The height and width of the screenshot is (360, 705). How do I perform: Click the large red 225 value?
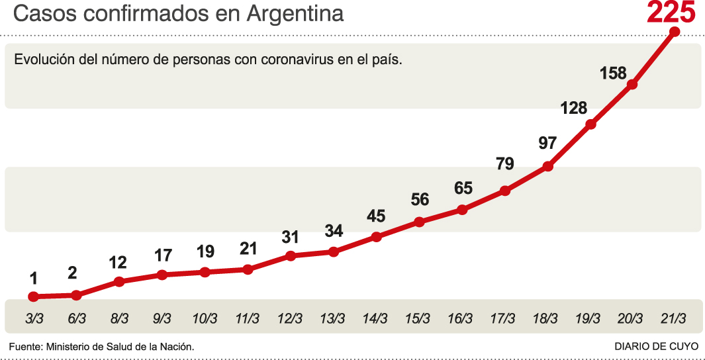[x=671, y=13]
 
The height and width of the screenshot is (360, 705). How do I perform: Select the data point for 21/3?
[x=675, y=32]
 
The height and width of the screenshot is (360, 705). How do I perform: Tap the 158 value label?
[x=613, y=73]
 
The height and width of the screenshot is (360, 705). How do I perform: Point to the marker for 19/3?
[x=591, y=124]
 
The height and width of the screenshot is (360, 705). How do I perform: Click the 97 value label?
[x=547, y=143]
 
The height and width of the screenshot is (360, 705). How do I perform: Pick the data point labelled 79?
[x=505, y=191]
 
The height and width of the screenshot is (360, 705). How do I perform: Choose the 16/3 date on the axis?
[x=460, y=318]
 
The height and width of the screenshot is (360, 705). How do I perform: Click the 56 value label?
[x=420, y=199]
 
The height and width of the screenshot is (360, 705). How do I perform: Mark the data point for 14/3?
[x=376, y=237]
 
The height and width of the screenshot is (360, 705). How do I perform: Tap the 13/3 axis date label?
[x=332, y=318]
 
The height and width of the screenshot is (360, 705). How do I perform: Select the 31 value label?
[x=290, y=237]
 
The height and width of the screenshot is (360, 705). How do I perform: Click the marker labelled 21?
[x=248, y=269]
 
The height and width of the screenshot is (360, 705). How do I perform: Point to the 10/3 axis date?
[x=205, y=318]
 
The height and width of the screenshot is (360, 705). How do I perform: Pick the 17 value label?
[x=162, y=255]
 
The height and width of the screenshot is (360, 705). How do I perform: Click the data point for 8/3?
[x=119, y=282]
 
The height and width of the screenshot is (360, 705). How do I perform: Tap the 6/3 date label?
[x=77, y=318]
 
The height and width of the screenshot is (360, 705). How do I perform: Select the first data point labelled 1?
[x=33, y=297]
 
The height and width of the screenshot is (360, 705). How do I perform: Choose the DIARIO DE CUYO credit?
[x=656, y=346]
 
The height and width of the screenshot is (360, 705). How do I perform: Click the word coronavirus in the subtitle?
[x=295, y=59]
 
